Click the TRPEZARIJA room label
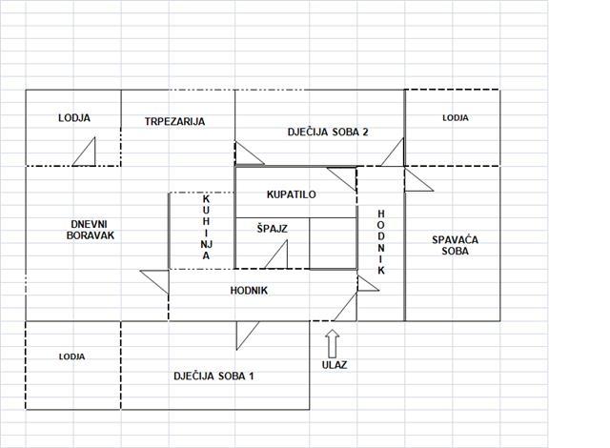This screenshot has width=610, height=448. [x=174, y=121]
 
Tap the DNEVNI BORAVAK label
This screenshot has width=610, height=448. [x=91, y=230]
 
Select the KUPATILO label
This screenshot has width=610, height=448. [x=291, y=194]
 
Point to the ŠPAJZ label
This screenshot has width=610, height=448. [x=272, y=228]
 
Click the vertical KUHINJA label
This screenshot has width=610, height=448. [x=206, y=227]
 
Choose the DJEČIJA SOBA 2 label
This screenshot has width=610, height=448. [x=328, y=132]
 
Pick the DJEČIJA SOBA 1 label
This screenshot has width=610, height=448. [x=213, y=377]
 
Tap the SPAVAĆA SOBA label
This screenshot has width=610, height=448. [x=455, y=245]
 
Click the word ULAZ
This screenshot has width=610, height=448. [x=335, y=365]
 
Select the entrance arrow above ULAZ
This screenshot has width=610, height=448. [x=333, y=344]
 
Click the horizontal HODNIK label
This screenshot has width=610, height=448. [x=249, y=291]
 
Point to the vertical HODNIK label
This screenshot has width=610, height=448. [x=381, y=242]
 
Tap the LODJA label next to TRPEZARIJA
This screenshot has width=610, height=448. [x=74, y=118]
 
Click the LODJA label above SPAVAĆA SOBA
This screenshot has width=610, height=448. [x=456, y=117]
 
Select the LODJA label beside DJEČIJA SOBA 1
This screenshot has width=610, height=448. [x=71, y=356]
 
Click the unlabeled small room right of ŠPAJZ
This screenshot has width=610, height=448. [x=334, y=243]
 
